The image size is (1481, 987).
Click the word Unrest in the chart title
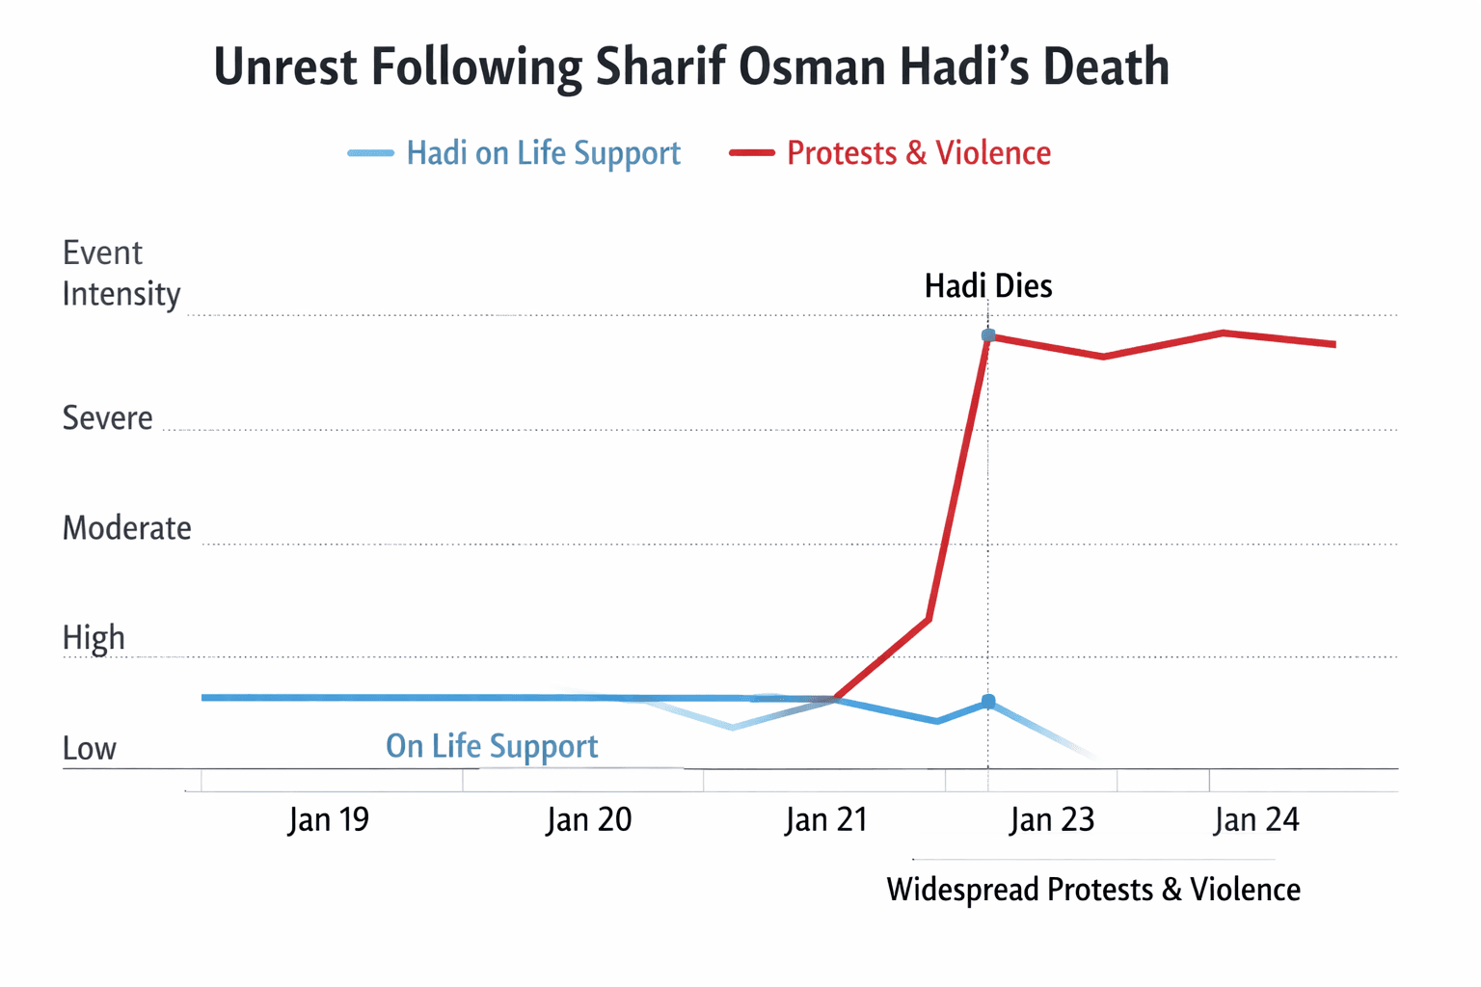pos(285,67)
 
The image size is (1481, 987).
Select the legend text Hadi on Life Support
pos(543,153)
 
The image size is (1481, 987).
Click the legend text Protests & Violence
pos(918,153)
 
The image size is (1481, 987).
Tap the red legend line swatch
pos(752,153)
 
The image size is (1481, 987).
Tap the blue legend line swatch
pos(370,153)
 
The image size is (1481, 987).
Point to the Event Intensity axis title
pos(121,273)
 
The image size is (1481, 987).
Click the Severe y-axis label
pos(107,418)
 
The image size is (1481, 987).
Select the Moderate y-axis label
pos(126,528)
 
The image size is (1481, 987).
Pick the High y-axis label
pos(94,638)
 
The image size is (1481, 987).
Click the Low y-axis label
pos(89,749)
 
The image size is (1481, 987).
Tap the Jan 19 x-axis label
pos(328,820)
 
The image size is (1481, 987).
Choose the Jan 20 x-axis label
pos(588,820)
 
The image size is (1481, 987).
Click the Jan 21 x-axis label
pos(826,820)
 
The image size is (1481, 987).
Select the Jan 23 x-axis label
pos(1051,820)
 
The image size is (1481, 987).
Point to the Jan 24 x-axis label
pos(1256,820)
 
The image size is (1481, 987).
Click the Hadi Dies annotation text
pos(988,286)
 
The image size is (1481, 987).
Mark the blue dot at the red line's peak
pos(988,335)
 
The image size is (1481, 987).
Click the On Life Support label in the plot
pos(492,746)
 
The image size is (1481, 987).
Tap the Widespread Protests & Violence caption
pos(1093,890)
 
